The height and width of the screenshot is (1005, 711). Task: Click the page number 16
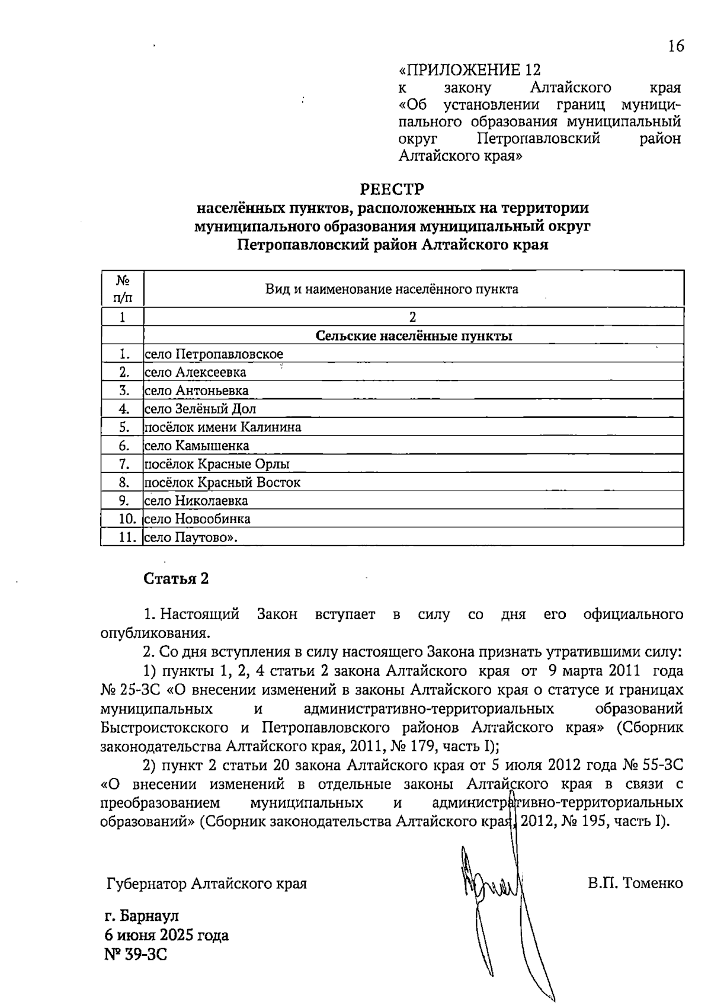point(675,46)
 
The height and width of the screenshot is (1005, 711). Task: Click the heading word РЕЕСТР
point(393,190)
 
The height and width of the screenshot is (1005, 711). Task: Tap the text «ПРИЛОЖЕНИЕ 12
point(470,70)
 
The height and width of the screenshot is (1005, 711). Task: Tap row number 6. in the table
point(124,446)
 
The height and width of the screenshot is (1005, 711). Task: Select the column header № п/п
point(123,289)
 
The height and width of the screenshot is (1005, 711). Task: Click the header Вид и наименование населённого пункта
point(392,289)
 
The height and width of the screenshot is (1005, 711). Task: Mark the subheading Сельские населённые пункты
point(414,336)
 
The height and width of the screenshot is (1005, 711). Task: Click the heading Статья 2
point(177,578)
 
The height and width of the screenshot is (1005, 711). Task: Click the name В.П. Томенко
point(635,884)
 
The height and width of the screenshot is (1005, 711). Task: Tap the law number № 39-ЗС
point(136,955)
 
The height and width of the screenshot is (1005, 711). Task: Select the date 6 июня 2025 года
point(166,936)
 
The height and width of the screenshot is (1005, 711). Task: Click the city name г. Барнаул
point(142,916)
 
